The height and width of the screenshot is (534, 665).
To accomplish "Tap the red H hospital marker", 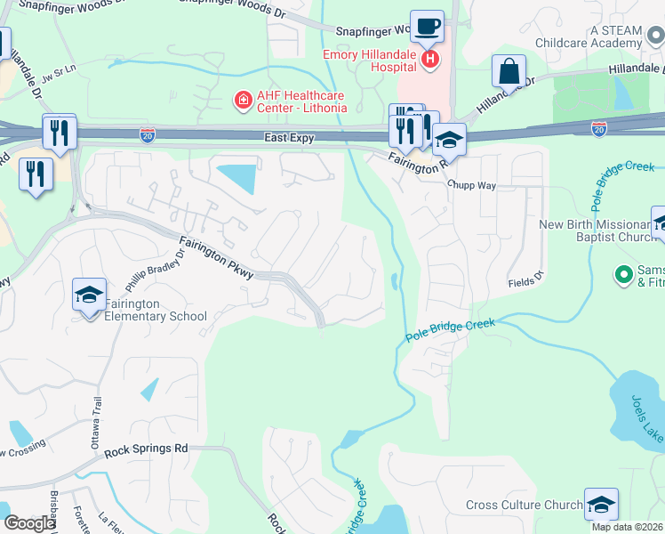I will pyautogui.click(x=430, y=60).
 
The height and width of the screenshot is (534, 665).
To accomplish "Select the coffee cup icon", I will pyautogui.click(x=427, y=27).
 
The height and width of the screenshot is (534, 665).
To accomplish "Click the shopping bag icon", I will pyautogui.click(x=509, y=70).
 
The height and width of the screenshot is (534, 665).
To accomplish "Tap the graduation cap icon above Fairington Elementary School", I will pyautogui.click(x=90, y=295).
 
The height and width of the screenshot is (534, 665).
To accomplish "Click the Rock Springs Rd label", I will pyautogui.click(x=146, y=450).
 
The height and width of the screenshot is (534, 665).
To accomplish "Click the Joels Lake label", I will pyautogui.click(x=647, y=418).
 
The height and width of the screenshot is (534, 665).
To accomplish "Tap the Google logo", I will pyautogui.click(x=28, y=523).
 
